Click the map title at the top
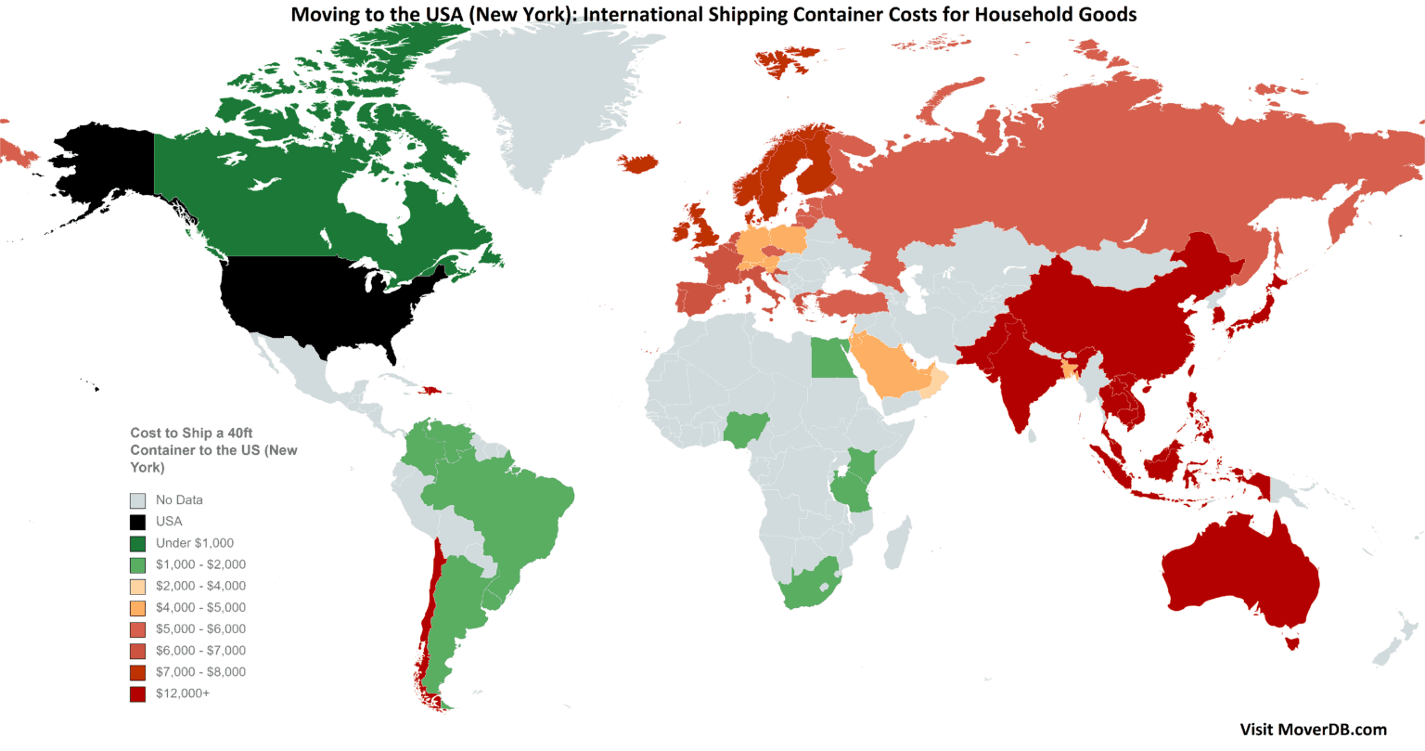click(712, 14)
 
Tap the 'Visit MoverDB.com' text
click(1313, 729)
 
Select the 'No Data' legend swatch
click(138, 500)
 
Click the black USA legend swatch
click(138, 522)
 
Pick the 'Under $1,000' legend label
click(194, 543)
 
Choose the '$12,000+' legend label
click(182, 693)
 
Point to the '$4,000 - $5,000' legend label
click(200, 607)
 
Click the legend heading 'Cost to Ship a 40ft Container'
click(213, 450)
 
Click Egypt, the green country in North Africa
click(831, 357)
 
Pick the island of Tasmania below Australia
click(1290, 641)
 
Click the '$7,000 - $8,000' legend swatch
click(138, 672)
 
